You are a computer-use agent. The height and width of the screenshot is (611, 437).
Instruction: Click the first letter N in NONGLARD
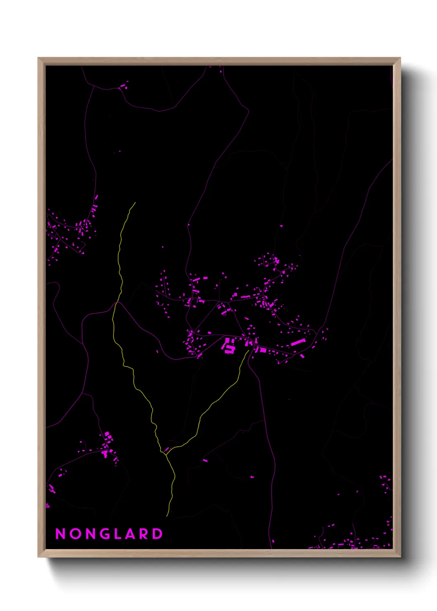60,534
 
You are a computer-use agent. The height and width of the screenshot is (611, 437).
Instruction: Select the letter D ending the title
158,534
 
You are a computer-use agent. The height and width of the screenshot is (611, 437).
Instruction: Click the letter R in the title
144,534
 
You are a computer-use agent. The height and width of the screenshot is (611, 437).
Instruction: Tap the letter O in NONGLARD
75,534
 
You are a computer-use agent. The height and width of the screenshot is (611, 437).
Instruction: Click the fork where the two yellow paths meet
165,454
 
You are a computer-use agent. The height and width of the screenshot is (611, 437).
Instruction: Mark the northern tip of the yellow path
135,203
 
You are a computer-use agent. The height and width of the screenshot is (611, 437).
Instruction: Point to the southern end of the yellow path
167,516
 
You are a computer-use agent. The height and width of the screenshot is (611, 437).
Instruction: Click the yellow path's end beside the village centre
249,350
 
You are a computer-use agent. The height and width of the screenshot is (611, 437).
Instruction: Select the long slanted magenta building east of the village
298,342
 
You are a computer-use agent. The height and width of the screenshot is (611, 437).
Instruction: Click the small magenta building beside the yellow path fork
167,449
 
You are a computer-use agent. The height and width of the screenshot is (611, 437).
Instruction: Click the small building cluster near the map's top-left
123,86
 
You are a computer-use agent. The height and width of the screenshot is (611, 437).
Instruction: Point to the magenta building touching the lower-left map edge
47,505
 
